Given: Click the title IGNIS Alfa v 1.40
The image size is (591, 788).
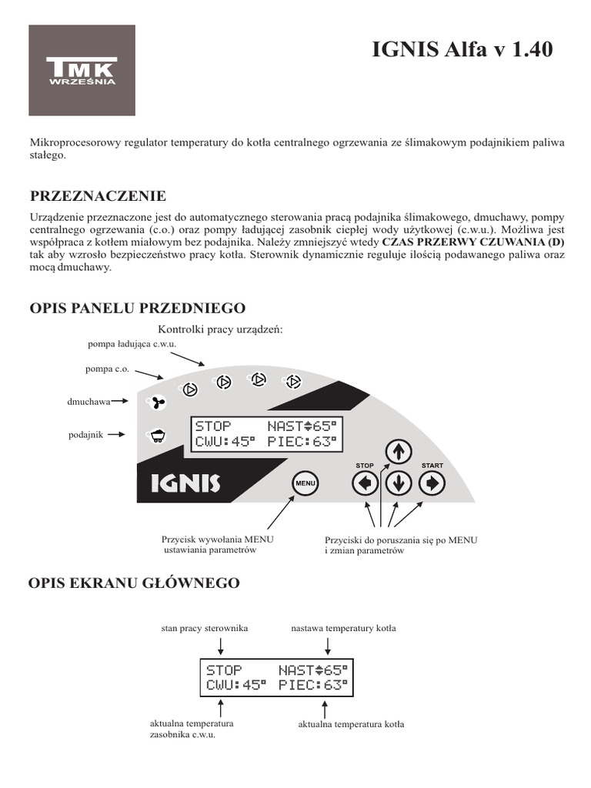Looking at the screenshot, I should [x=462, y=50].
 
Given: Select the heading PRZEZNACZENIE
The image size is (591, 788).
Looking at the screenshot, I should [x=97, y=196].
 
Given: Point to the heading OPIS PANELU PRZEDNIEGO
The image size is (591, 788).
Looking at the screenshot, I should [x=137, y=309].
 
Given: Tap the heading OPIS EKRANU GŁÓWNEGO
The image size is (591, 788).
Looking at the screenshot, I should [x=134, y=583].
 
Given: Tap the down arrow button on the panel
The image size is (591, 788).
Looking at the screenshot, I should [x=398, y=483].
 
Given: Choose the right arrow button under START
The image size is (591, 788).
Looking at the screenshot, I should [x=432, y=483].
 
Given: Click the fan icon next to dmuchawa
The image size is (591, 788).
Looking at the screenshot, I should [x=157, y=402].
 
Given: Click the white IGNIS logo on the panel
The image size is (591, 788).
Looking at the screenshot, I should [x=180, y=483].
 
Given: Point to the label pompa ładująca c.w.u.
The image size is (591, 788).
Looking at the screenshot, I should [x=132, y=343].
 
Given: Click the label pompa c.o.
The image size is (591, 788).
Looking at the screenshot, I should [x=107, y=369].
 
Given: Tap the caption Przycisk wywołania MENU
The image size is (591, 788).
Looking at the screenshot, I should [x=218, y=540].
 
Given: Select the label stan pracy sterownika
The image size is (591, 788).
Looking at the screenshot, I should [x=205, y=629].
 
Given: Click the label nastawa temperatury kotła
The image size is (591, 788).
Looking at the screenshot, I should [x=343, y=629].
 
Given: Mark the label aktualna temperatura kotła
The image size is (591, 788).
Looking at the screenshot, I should [x=351, y=725].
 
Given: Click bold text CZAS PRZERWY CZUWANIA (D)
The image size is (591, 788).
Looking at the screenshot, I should [x=473, y=241].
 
